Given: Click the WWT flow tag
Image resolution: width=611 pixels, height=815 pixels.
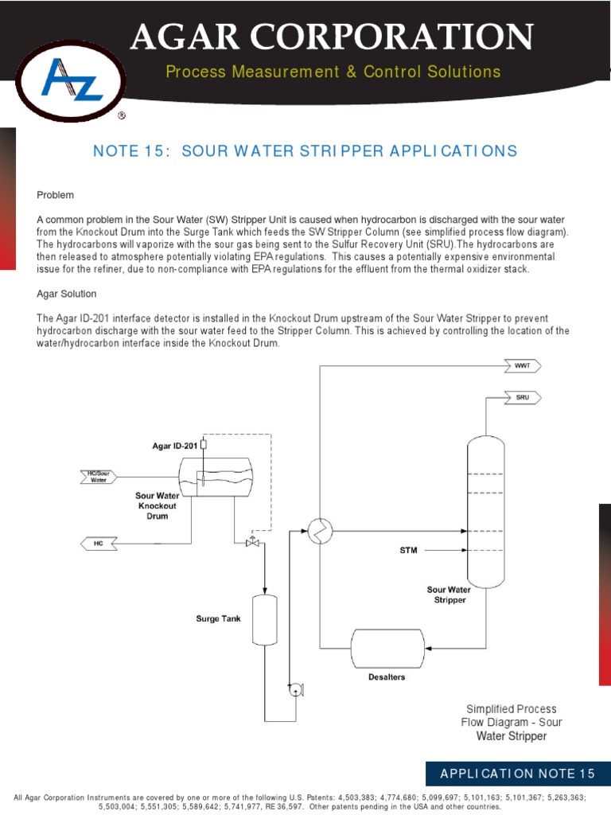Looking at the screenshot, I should [523, 365].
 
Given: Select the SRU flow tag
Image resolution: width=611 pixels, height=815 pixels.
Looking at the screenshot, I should [522, 396].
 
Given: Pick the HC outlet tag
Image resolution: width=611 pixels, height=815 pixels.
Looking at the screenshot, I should [99, 543].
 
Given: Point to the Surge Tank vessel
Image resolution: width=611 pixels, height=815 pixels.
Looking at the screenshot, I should [263, 619].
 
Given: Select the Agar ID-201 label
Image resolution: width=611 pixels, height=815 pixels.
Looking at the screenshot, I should [175, 446].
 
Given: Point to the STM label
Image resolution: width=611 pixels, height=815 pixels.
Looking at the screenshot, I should [408, 549].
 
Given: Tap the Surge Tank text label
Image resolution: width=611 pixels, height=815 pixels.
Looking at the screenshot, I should [218, 618].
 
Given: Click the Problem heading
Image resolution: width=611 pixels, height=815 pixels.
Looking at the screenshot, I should [55, 195].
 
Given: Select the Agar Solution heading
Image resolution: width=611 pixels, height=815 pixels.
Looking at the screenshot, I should [67, 294].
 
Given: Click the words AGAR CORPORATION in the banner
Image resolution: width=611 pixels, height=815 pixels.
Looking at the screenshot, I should [332, 37].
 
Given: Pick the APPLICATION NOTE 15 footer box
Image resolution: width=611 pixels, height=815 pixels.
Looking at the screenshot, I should [518, 774].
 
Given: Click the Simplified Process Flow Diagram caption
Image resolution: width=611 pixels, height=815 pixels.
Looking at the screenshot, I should [511, 722].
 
